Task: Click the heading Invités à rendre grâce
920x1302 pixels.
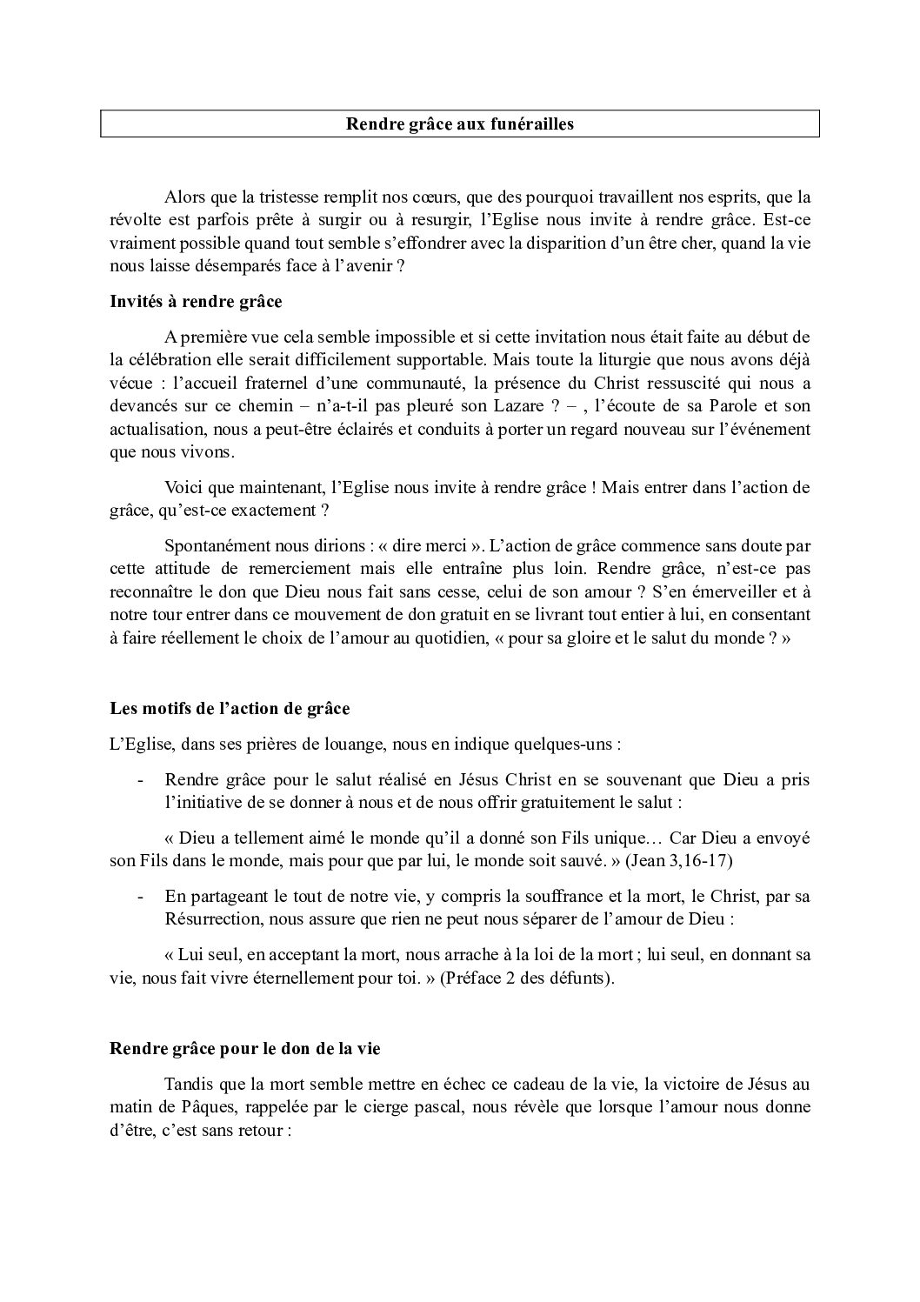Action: click(x=196, y=303)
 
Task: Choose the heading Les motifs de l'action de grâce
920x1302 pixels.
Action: click(x=230, y=708)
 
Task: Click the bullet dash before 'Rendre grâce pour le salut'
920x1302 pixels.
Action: click(x=140, y=780)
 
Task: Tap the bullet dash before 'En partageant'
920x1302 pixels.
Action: click(x=140, y=897)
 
